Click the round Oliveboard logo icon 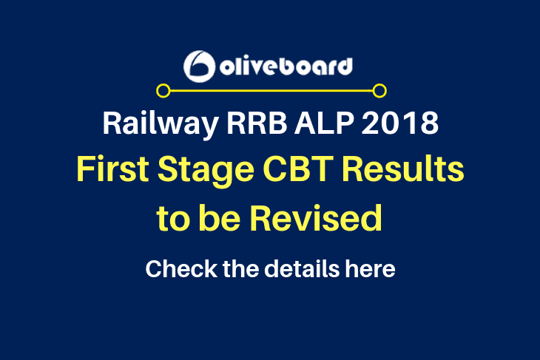[x=200, y=67]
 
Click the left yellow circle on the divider [x=163, y=91]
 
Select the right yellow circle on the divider [x=379, y=91]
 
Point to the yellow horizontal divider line [x=271, y=91]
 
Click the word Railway [x=161, y=123]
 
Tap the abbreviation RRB [x=257, y=123]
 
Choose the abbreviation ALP [x=324, y=123]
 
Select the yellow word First [x=113, y=169]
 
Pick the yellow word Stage [x=206, y=171]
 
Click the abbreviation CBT [x=298, y=169]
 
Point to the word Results [x=403, y=169]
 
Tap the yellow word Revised [x=316, y=218]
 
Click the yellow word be [x=220, y=218]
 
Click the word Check [x=181, y=268]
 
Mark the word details [x=302, y=268]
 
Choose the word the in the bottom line [x=240, y=268]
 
